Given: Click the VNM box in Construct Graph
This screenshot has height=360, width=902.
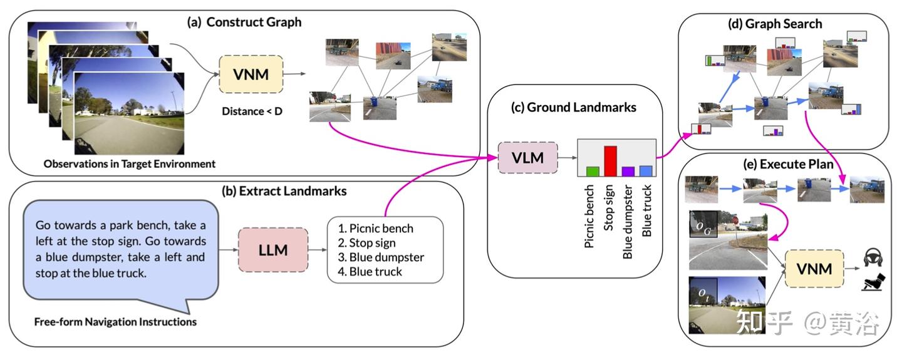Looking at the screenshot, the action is point(251,75).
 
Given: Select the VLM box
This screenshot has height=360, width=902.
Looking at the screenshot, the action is point(528,158).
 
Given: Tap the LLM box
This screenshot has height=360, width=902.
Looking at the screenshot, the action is point(273,250).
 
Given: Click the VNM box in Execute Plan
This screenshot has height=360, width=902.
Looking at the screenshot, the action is point(814,269).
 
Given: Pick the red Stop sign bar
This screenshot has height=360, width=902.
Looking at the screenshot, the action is point(611,161).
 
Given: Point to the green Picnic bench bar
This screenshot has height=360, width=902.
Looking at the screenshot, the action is point(593,172).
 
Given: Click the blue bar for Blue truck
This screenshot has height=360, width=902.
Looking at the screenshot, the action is point(646,171).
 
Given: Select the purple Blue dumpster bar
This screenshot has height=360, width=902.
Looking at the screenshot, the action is point(628,172).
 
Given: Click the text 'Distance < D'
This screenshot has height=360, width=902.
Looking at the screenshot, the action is point(252,111).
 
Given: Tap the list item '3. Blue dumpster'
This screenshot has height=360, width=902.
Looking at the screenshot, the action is point(381,257).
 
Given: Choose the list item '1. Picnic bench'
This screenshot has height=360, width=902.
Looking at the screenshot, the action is point(376,229).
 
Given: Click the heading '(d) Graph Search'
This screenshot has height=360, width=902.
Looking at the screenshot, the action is point(775,24).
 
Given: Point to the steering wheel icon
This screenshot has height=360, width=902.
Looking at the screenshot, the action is point(873,257).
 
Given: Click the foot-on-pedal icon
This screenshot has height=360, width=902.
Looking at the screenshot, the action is point(873,282).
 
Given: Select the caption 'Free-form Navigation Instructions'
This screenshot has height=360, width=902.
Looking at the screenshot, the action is point(115,322).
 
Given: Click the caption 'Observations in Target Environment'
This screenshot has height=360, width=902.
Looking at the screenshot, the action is point(130,164).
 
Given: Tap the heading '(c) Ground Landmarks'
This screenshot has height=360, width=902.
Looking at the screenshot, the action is point(573,107).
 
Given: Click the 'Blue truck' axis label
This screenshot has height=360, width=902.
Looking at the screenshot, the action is point(646,210).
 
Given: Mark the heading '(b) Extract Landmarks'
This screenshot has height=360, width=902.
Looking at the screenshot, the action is point(284,191).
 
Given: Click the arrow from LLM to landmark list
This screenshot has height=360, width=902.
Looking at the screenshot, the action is point(318,250).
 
